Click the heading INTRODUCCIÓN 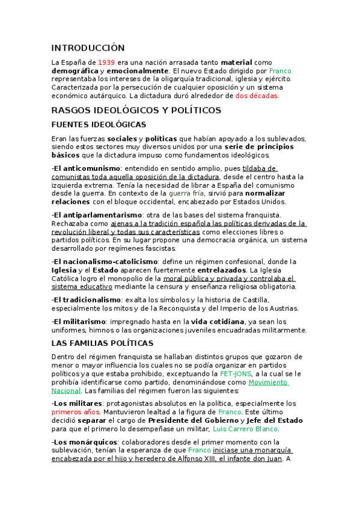click(88, 48)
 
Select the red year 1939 click(106, 62)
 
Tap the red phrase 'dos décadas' click(257, 96)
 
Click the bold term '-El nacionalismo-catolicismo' click(105, 262)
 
